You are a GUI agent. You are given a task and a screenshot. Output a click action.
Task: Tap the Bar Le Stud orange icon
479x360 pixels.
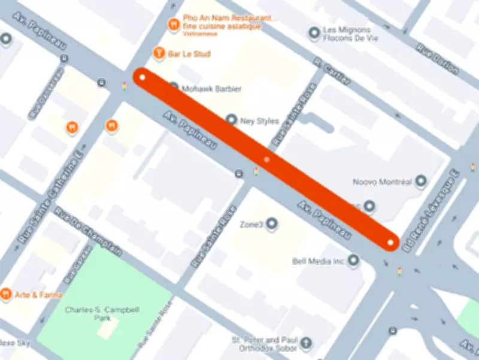pyautogui.click(x=159, y=53)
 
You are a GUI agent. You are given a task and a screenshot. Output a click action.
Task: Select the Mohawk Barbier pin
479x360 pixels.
pyautogui.click(x=174, y=87)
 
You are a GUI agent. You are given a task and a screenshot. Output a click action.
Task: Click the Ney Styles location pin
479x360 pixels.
pyautogui.click(x=232, y=120)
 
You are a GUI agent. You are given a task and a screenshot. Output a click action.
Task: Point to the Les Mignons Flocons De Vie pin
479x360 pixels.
pyautogui.click(x=313, y=33)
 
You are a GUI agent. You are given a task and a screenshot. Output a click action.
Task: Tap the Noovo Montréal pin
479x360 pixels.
pyautogui.click(x=421, y=180)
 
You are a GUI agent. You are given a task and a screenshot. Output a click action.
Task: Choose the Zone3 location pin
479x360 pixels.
pyautogui.click(x=272, y=224)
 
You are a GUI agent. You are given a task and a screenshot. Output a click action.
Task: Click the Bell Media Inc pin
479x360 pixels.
pyautogui.click(x=354, y=261)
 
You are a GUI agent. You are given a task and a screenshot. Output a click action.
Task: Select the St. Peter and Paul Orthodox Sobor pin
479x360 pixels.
pyautogui.click(x=306, y=343)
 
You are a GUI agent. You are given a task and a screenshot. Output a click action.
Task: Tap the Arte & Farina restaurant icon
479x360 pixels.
pyautogui.click(x=6, y=294)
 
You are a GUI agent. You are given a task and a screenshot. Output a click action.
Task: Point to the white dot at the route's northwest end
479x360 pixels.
pyautogui.click(x=143, y=77)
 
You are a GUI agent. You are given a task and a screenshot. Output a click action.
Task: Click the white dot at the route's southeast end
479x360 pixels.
pyautogui.click(x=390, y=242)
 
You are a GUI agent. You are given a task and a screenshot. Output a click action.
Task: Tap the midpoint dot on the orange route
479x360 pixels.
pyautogui.click(x=266, y=160)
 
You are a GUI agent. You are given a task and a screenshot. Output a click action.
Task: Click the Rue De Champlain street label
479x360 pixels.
pyautogui.click(x=89, y=232)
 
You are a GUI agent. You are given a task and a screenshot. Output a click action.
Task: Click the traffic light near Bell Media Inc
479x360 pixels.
pyautogui.click(x=399, y=272)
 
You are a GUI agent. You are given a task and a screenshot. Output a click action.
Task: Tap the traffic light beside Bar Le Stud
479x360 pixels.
pyautogui.click(x=125, y=86)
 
